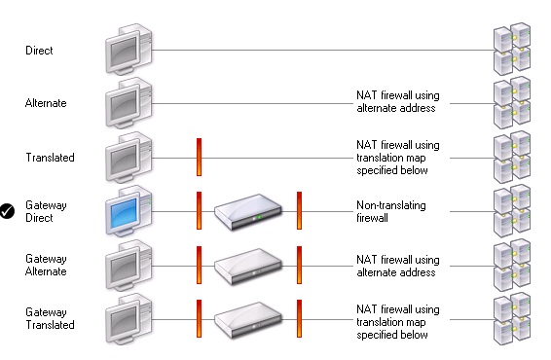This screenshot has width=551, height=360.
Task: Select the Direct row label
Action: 40,49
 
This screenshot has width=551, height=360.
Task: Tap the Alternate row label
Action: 46,102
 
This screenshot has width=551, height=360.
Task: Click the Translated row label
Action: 49,157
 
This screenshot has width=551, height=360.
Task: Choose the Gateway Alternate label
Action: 46,265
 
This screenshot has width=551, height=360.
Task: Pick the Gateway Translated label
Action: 49,318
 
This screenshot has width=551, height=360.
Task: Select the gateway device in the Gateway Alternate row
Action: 248,265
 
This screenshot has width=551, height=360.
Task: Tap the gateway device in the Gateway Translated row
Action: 248,318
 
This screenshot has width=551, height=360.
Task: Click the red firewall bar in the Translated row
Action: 199,157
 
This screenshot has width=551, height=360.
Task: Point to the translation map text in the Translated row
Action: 397,157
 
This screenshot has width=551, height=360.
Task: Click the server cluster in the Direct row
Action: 512,49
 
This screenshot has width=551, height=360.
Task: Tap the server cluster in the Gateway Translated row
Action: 512,318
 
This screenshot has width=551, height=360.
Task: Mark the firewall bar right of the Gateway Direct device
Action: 300,211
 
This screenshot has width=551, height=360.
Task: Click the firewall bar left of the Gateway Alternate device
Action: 199,265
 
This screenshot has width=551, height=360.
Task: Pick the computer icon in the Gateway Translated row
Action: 128,318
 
